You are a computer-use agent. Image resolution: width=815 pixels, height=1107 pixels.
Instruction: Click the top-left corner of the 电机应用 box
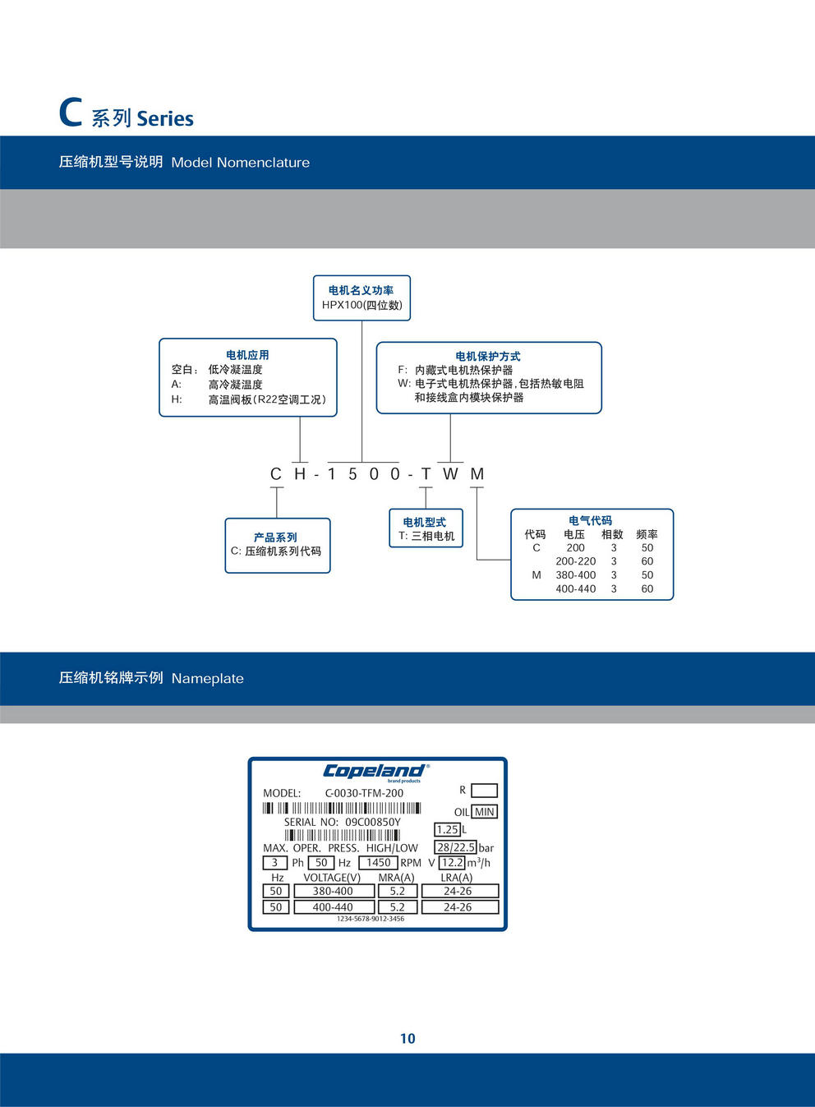pos(159,339)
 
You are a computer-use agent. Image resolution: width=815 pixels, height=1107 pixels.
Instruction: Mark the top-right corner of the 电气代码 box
pos(673,510)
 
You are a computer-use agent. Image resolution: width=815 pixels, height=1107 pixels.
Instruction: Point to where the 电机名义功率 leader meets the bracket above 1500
pos(362,463)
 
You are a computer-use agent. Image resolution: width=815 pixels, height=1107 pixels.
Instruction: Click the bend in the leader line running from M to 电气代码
pos(477,560)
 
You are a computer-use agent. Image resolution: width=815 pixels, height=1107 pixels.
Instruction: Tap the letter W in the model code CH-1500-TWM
pos(450,474)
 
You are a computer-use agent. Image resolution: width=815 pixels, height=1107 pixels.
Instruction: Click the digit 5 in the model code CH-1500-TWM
pos(352,474)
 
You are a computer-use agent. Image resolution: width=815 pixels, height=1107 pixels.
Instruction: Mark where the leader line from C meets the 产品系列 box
pos(277,519)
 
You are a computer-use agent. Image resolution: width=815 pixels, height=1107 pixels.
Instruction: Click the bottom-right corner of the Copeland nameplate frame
pos(507,930)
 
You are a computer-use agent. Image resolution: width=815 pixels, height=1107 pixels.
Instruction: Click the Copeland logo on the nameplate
pos(376,772)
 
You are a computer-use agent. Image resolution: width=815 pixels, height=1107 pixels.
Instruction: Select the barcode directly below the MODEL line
pos(342,809)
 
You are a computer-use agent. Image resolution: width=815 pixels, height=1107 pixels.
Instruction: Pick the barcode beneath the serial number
pos(343,836)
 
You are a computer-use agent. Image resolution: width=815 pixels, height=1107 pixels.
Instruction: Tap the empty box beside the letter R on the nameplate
pos(484,791)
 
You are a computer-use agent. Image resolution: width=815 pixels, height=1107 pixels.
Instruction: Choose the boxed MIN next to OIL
pos(485,812)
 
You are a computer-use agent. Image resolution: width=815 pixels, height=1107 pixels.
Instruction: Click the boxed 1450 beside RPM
pos(379,862)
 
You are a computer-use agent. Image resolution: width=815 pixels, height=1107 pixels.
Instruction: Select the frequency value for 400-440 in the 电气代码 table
pos(647,588)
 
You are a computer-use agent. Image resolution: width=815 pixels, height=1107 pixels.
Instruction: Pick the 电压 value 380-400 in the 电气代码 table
pos(575,574)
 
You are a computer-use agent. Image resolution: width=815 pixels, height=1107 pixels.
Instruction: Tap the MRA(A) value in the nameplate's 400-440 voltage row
pos(398,907)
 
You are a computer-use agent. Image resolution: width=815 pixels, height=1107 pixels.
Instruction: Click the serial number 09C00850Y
pos(373,823)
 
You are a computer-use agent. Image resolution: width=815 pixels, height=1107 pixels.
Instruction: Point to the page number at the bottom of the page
pos(407,1039)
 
